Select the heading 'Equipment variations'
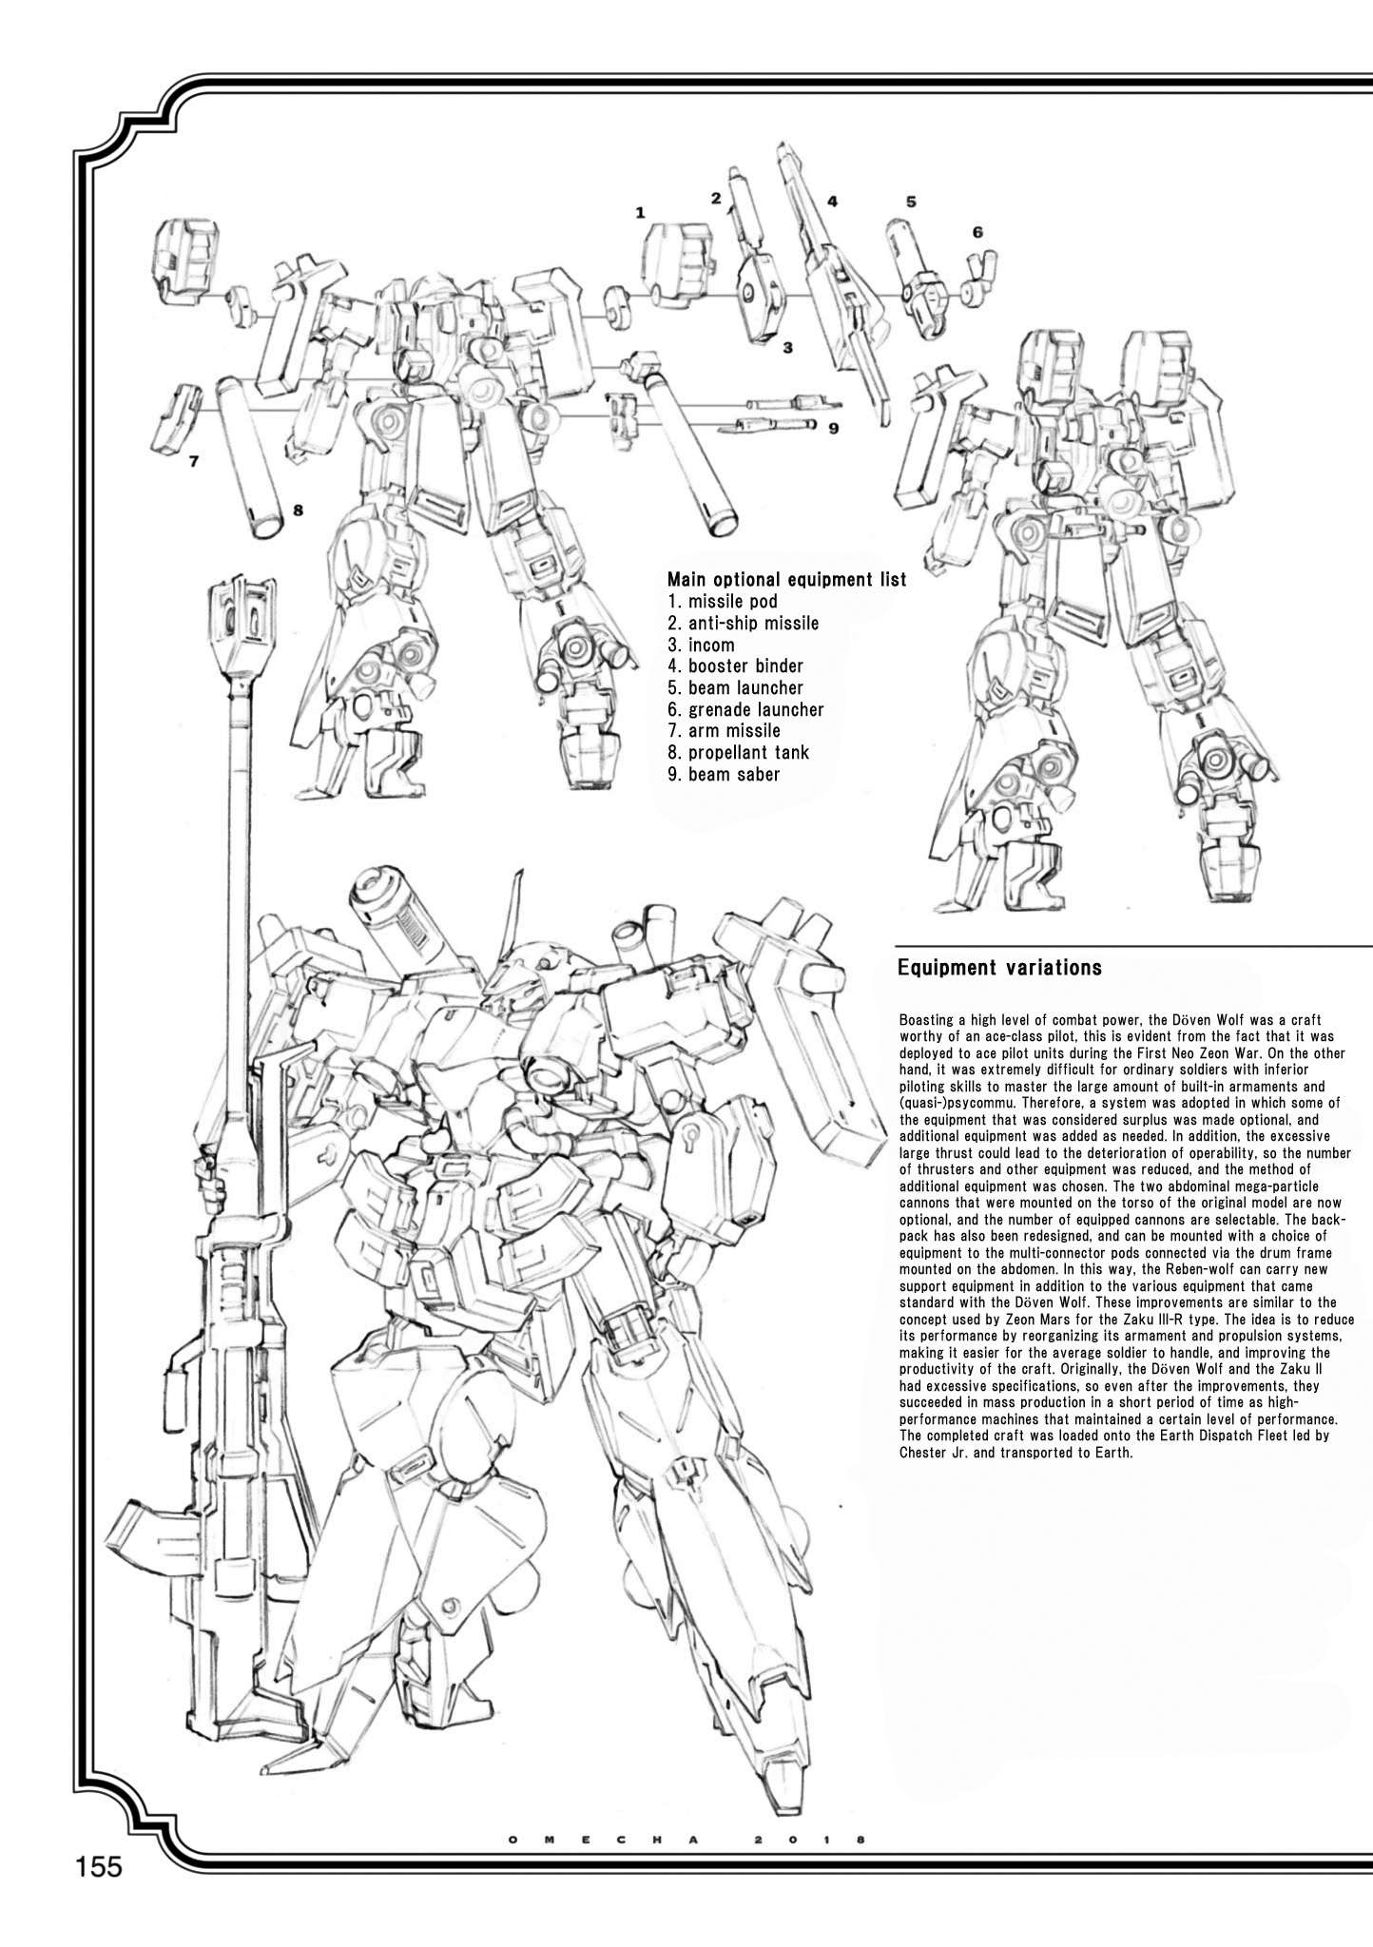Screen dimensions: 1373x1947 [999, 968]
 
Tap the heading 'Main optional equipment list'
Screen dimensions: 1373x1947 [786, 579]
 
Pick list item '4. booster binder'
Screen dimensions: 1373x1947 [735, 665]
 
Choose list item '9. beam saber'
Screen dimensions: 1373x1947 [724, 774]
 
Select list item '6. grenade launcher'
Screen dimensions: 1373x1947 [745, 709]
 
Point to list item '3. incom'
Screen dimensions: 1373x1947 [701, 645]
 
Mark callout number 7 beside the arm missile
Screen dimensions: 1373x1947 [193, 462]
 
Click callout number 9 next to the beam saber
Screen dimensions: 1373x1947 [833, 428]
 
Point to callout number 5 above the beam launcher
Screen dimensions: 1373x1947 [911, 202]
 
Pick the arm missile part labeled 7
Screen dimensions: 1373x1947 [177, 414]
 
